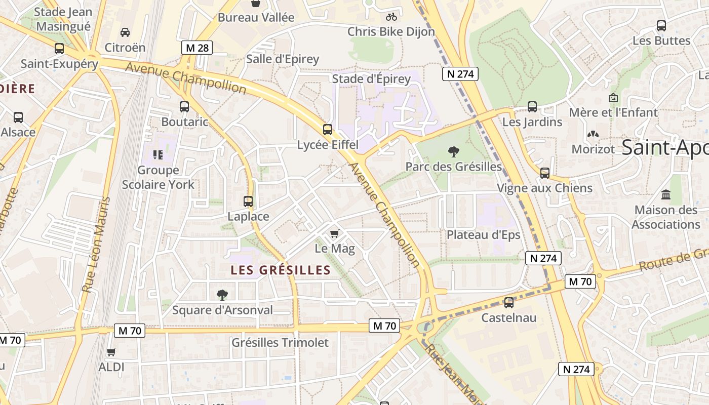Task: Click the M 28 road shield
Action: point(197,48)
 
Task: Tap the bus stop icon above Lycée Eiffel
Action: point(328,130)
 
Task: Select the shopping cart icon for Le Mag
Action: point(334,233)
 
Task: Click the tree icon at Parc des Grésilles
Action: point(453,151)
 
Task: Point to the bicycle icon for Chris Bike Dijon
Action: point(391,17)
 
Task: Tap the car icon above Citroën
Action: point(125,32)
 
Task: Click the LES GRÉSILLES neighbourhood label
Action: point(281,270)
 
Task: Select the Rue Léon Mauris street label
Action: point(96,245)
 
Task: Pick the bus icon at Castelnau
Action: point(509,303)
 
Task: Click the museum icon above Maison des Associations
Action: point(666,194)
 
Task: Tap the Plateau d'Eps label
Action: point(483,235)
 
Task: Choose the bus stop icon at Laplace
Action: point(248,201)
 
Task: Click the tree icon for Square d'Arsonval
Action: point(222,295)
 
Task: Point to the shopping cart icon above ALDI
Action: point(111,352)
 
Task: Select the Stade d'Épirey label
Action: point(371,78)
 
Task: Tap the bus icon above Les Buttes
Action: point(661,25)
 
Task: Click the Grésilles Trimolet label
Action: point(280,343)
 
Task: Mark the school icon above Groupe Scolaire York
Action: point(158,154)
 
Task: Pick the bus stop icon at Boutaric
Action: point(184,107)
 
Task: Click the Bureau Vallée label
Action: point(256,18)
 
